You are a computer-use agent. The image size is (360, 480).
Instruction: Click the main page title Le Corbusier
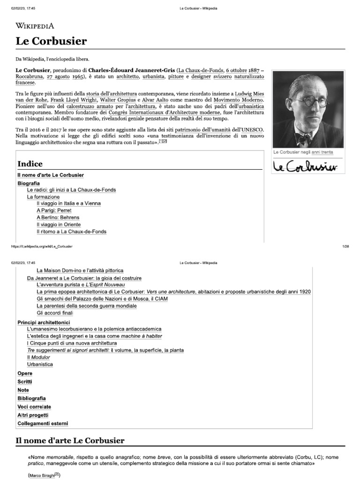point(51,41)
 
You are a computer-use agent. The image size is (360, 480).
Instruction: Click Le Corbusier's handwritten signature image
point(307,167)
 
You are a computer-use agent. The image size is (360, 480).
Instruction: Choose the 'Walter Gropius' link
point(117,100)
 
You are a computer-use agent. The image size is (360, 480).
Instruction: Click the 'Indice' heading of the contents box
point(30,164)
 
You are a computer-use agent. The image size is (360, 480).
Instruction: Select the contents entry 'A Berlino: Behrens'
point(58,217)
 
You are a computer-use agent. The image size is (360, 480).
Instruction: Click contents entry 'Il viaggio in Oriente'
point(59,225)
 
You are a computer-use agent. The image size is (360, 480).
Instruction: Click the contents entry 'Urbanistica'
point(40,364)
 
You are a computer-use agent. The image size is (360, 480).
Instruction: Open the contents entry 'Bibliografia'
point(32,398)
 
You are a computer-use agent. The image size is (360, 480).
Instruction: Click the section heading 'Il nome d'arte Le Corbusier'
point(70,440)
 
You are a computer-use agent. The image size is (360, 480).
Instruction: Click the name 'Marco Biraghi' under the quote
point(41,475)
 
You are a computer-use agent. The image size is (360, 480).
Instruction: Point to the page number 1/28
point(346,246)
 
